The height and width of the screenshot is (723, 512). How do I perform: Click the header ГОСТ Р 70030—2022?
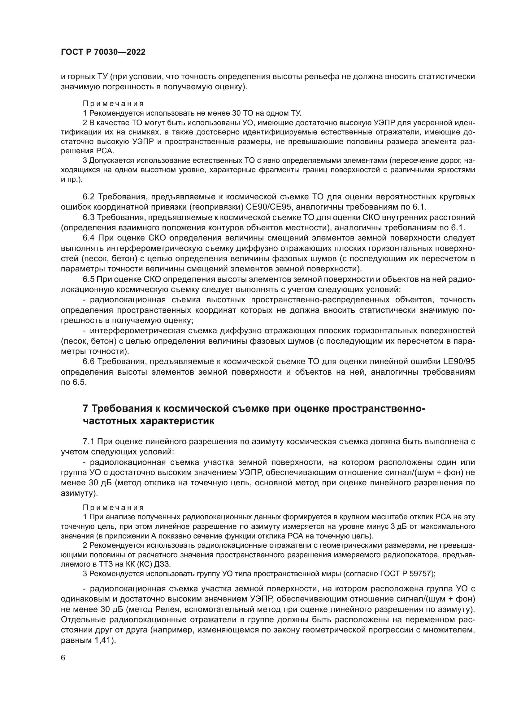(x=103, y=52)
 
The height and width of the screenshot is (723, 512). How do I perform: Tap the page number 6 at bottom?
(x=63, y=658)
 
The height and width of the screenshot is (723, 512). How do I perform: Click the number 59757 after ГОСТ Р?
(x=421, y=574)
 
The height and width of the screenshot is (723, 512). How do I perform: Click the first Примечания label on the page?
(x=113, y=104)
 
